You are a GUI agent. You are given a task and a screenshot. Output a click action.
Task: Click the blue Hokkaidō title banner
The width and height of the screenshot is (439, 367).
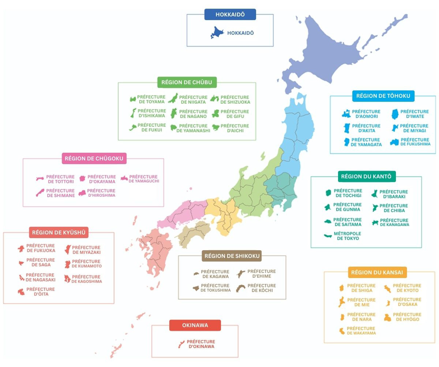tap(230, 14)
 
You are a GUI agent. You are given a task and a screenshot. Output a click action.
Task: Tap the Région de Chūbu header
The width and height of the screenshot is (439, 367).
tap(187, 82)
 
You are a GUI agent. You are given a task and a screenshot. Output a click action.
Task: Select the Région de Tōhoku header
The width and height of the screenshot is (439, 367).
tap(383, 96)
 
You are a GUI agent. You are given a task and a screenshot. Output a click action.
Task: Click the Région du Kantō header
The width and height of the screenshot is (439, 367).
tap(366, 177)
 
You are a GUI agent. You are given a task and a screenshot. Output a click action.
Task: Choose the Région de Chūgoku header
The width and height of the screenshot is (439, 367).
tap(94, 159)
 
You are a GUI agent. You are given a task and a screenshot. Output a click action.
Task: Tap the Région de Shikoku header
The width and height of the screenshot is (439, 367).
tap(232, 256)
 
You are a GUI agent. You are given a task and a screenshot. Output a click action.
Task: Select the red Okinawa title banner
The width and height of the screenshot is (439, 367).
tap(195, 325)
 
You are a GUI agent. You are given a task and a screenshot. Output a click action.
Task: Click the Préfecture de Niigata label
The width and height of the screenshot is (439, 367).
tap(193, 100)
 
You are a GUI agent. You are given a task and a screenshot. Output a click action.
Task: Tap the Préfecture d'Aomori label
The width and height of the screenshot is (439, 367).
tap(366, 114)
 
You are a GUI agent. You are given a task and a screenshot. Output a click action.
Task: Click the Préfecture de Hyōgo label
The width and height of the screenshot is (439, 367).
tap(407, 317)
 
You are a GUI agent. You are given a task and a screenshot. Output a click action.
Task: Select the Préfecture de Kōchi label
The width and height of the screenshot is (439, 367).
tap(262, 288)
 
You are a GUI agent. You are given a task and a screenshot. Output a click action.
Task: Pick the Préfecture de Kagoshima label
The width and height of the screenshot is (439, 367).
tap(87, 279)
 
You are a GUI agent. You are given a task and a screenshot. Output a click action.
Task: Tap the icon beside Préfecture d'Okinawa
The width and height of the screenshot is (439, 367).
tap(181, 344)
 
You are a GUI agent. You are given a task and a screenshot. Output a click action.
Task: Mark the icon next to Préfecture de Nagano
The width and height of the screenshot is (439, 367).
tap(174, 114)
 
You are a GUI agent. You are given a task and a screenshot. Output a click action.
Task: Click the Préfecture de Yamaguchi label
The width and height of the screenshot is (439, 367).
tap(143, 179)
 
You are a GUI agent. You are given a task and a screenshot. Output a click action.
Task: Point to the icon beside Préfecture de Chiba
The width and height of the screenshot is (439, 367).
tap(374, 208)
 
